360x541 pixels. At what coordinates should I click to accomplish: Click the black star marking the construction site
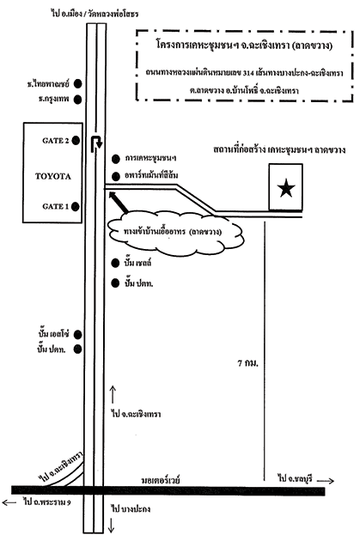pos(286,188)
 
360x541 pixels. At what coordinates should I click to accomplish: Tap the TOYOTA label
pos(52,176)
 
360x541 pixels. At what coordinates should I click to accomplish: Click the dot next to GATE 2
pos(76,141)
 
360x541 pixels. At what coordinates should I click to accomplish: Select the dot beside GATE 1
pos(76,206)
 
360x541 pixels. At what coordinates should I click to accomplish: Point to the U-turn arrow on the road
pos(95,143)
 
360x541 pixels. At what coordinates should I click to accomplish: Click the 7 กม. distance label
pos(247,363)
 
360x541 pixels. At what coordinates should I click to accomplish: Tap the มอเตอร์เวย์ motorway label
pos(161,480)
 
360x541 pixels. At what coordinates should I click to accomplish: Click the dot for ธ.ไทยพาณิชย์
pos(78,83)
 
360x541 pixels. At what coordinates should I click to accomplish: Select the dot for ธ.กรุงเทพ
pos(78,100)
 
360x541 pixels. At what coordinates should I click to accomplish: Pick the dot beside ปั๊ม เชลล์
pos(115,264)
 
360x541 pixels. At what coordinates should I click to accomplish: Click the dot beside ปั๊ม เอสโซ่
pos(78,334)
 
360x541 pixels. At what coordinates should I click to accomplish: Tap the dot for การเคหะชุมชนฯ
pos(116,159)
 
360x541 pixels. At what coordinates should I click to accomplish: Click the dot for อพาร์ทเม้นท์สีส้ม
pos(116,175)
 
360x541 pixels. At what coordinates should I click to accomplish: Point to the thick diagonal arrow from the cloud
pos(119,202)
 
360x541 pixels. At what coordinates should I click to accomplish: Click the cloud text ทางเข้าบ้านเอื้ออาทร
pos(154,232)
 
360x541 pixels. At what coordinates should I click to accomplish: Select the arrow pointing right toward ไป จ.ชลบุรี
pos(326,481)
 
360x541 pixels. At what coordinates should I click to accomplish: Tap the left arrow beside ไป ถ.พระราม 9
pos(9,502)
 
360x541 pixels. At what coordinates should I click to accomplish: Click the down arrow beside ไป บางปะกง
pos(112,526)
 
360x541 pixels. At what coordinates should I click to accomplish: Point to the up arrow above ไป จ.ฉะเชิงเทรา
pos(113,394)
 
